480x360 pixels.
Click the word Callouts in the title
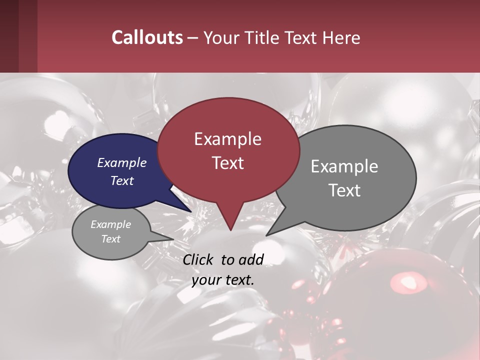pos(147,37)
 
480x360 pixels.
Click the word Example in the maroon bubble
pos(228,139)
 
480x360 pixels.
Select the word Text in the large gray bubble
pos(344,190)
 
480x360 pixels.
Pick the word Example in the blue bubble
pos(122,162)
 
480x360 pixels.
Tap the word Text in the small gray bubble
pos(111,239)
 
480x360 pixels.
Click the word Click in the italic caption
pos(198,259)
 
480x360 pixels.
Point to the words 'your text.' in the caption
pos(223,280)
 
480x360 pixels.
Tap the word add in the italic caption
pos(250,259)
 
